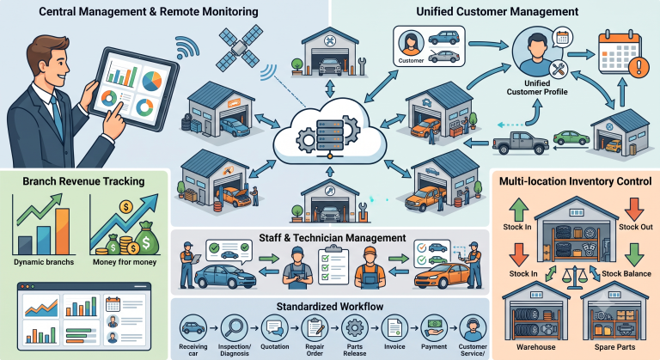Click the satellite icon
(239, 47)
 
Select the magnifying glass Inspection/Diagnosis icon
(235, 327)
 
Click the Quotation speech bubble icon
(274, 327)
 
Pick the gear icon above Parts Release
(355, 327)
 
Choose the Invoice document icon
(394, 327)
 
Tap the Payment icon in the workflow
(434, 327)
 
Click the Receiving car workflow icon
(193, 327)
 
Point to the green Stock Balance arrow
(634, 254)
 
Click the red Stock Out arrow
(634, 210)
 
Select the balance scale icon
(575, 277)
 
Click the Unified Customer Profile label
(537, 88)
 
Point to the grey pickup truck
(521, 143)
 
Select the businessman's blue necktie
(57, 116)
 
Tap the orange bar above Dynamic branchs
(62, 231)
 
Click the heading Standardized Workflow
(330, 307)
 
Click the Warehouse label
(536, 347)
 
